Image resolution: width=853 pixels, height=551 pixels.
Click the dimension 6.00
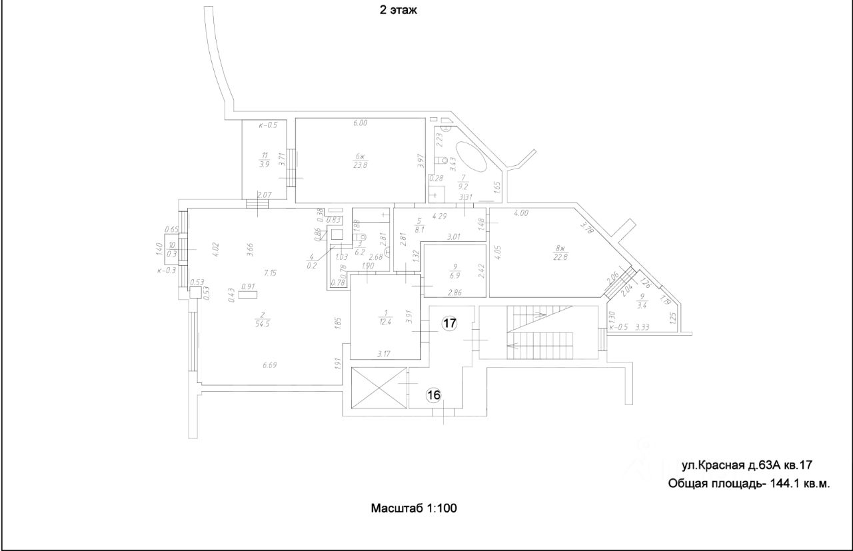coord(361,123)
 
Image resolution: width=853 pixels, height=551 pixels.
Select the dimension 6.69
coord(270,364)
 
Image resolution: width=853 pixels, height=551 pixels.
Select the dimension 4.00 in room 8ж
coord(520,214)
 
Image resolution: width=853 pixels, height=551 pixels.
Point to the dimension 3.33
coord(642,327)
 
